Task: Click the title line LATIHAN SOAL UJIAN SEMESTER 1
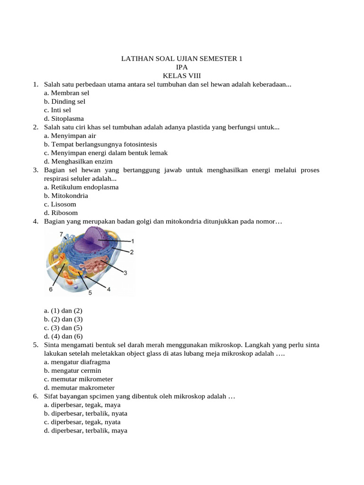[182, 59]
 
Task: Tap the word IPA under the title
[182, 67]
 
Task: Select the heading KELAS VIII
[182, 76]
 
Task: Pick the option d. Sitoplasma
[64, 118]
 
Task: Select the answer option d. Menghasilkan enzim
[78, 161]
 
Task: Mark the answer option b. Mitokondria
[66, 196]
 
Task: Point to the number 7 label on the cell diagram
[61, 234]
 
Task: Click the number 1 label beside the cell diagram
[133, 241]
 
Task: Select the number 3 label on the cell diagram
[125, 273]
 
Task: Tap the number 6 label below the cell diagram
[51, 289]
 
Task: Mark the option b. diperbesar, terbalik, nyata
[85, 413]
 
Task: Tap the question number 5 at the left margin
[36, 345]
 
